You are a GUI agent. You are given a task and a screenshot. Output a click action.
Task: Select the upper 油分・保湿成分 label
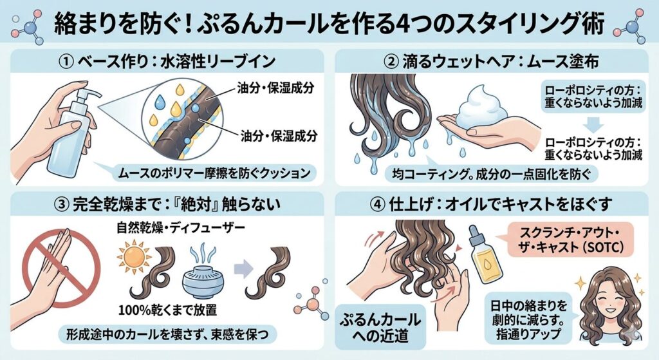(275, 88)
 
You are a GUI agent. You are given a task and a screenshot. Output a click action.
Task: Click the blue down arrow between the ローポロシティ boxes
(593, 124)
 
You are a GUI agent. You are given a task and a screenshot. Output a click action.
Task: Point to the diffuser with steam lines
(203, 272)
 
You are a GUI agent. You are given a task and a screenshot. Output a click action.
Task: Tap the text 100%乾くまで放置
(167, 310)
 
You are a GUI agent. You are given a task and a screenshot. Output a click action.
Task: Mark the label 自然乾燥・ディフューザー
(181, 229)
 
